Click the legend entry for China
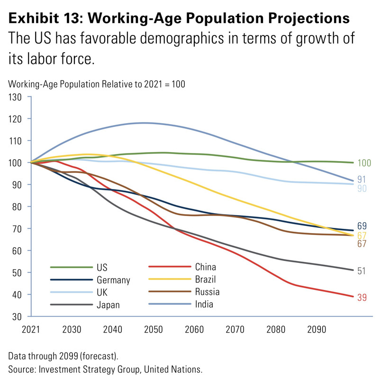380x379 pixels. click(205, 267)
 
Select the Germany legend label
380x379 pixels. click(113, 280)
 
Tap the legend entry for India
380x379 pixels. click(204, 304)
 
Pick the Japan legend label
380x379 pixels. click(108, 305)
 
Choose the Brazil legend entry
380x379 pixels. click(205, 280)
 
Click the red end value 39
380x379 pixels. click(362, 298)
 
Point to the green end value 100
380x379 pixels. click(364, 163)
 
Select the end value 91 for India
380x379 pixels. click(362, 180)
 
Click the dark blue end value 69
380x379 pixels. click(362, 226)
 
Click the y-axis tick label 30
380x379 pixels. click(18, 316)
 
